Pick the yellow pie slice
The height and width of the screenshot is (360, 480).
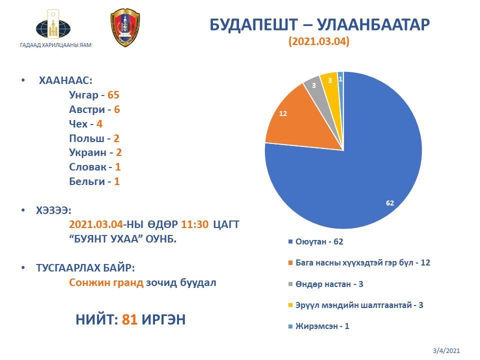pos(331,85)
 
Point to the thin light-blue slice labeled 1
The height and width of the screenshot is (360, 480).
pos(340,82)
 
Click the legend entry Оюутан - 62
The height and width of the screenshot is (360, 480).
pos(315,242)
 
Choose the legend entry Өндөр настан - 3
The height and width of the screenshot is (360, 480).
pos(325,284)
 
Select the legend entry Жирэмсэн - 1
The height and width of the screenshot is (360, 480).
pos(318,326)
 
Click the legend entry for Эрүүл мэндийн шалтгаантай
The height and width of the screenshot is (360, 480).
pos(355,305)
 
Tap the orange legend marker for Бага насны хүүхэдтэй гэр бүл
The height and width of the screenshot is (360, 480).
pos(290,263)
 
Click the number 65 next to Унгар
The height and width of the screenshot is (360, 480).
pos(113,95)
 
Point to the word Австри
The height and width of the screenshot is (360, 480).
pos(87,109)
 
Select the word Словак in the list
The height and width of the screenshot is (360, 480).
pos(87,167)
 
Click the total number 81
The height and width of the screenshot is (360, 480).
pos(129,319)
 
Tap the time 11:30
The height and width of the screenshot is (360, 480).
pos(194,224)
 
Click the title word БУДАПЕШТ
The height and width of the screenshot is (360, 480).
pos(253,25)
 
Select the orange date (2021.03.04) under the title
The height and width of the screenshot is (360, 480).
pos(319,41)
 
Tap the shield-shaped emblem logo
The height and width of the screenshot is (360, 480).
pos(125,27)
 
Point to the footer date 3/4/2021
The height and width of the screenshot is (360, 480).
pos(446,350)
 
